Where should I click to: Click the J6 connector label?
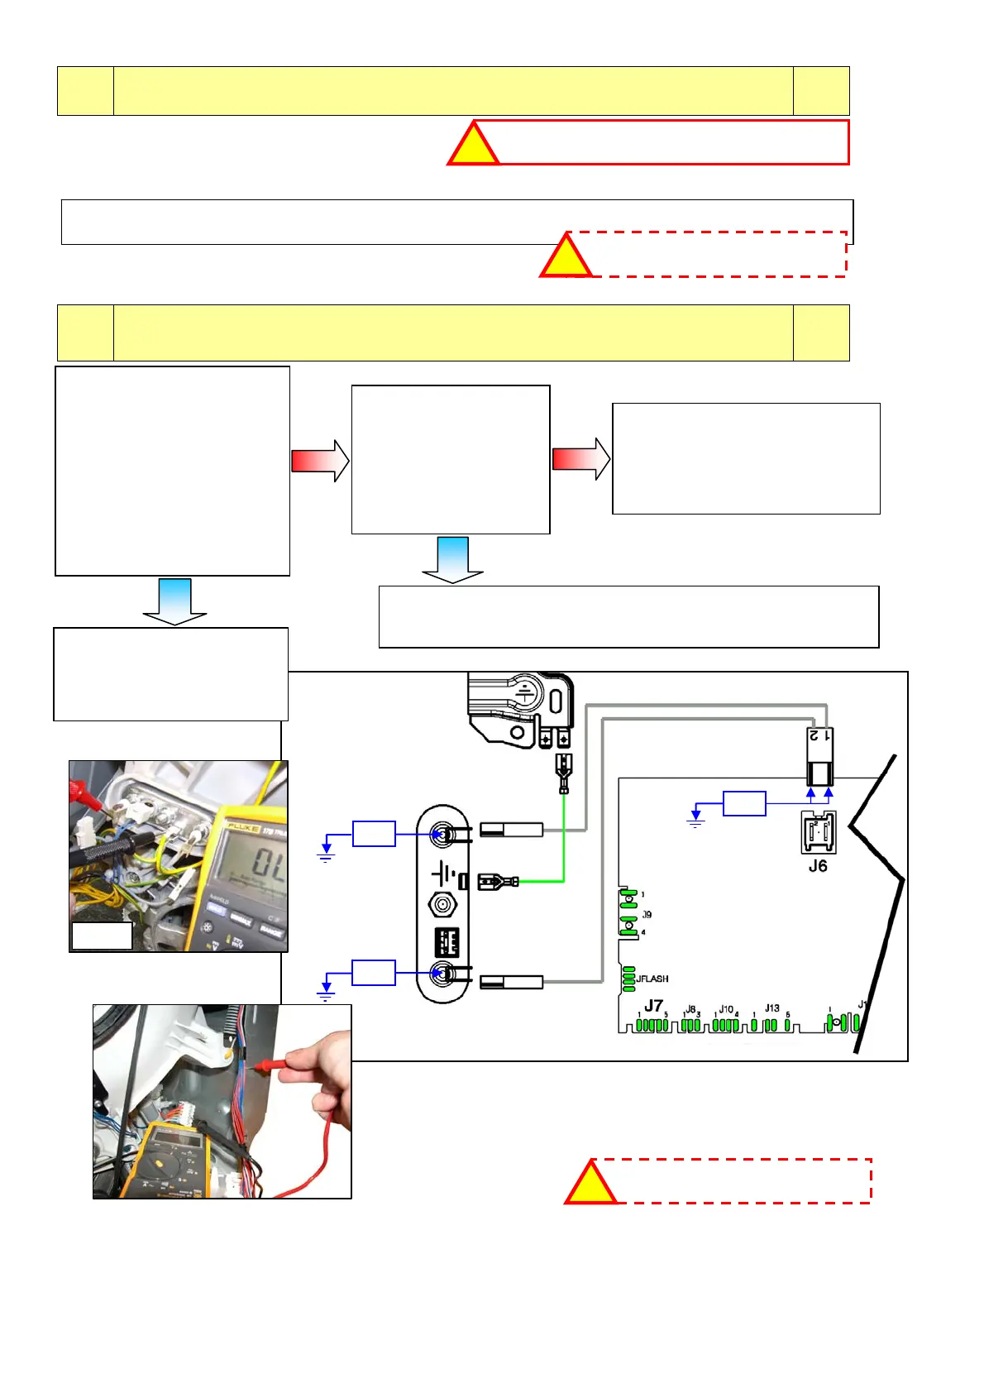[x=817, y=866]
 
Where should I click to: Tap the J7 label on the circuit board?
[x=653, y=1006]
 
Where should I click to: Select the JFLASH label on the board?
[x=652, y=979]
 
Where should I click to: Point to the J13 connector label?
[x=771, y=1008]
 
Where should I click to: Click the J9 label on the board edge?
[x=647, y=914]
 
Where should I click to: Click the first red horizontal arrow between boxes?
[x=320, y=460]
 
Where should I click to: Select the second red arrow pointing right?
[x=581, y=458]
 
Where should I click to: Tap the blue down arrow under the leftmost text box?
[x=174, y=601]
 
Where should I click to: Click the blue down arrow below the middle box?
[x=452, y=560]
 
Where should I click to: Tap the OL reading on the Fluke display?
[x=269, y=864]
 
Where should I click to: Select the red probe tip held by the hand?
[x=266, y=1065]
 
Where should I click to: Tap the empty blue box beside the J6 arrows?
[x=744, y=803]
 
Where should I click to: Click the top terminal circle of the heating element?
[x=443, y=834]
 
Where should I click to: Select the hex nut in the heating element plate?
[x=443, y=905]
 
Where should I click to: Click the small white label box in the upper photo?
[x=102, y=936]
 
